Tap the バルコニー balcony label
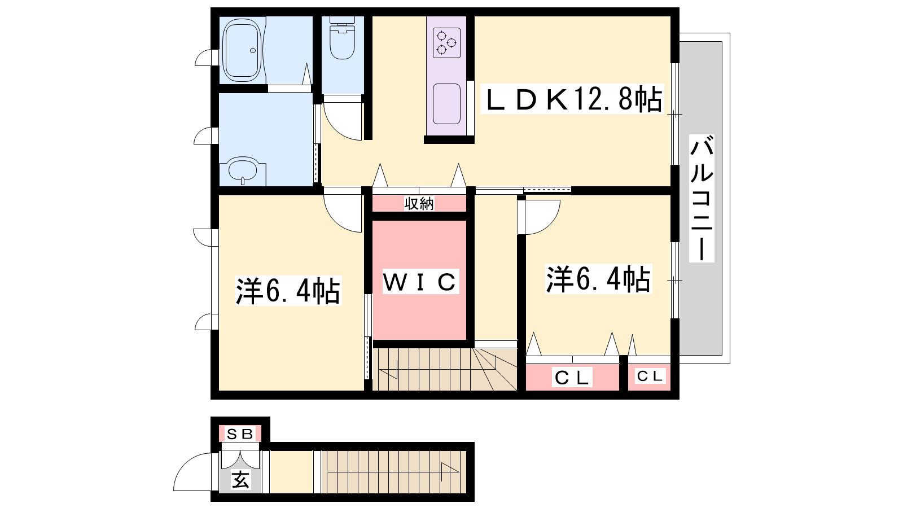(x=702, y=198)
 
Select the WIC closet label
(x=420, y=282)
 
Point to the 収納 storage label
(x=419, y=204)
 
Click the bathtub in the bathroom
(x=243, y=50)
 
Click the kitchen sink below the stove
(x=446, y=104)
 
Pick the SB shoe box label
(x=240, y=434)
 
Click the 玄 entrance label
(x=240, y=480)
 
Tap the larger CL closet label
(x=572, y=378)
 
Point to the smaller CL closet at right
(x=650, y=376)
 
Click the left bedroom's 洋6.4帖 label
(x=288, y=291)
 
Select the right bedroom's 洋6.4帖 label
(x=598, y=279)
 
